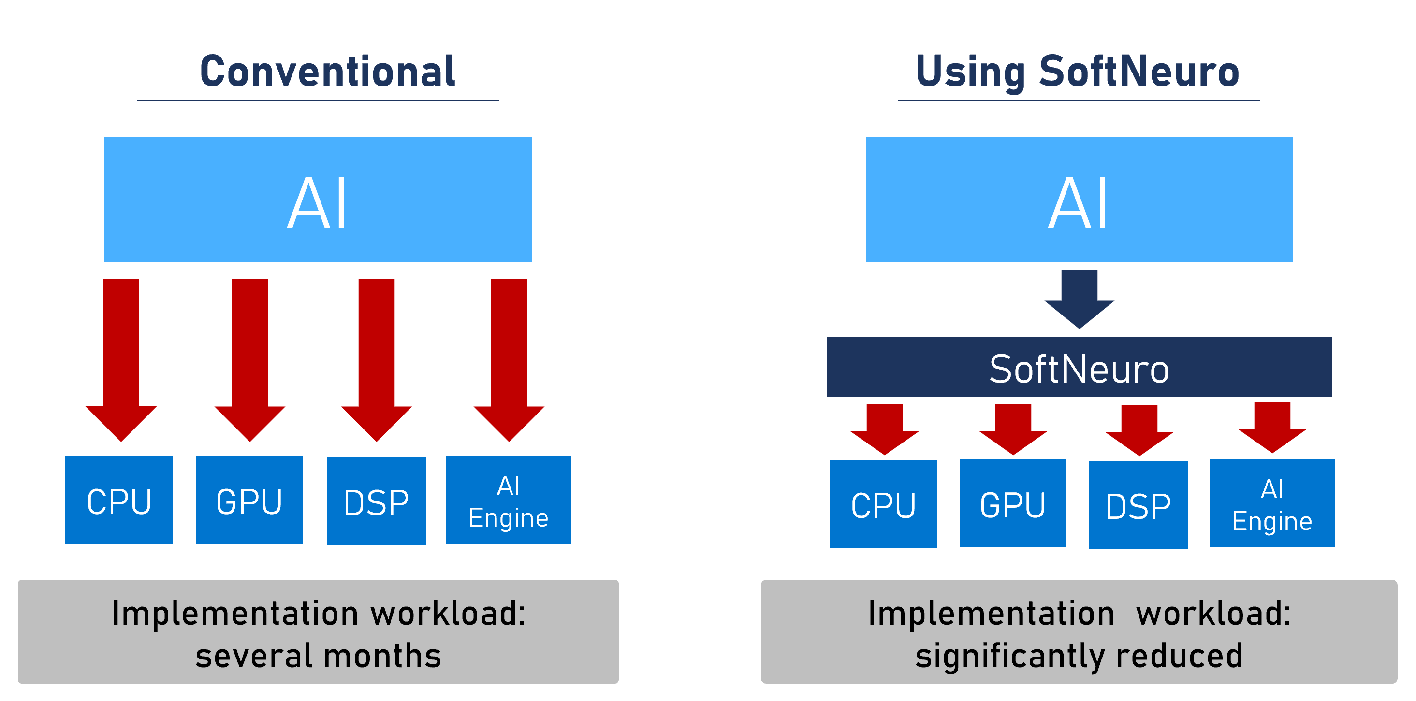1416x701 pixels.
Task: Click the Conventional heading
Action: [x=328, y=72]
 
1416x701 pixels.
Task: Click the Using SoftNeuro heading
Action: [x=1078, y=72]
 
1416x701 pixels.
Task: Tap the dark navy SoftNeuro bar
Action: [x=1079, y=367]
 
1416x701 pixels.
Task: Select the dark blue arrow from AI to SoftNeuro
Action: [x=1080, y=299]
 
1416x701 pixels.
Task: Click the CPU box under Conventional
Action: [x=119, y=500]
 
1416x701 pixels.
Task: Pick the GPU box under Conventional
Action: [x=249, y=500]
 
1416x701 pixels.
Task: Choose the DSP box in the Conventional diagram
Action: [x=377, y=501]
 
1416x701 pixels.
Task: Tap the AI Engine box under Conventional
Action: [x=509, y=500]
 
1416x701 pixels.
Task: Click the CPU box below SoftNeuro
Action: [x=883, y=504]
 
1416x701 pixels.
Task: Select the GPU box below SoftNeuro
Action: [x=1013, y=503]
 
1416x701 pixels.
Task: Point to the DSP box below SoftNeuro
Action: [x=1139, y=505]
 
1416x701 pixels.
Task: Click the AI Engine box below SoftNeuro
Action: [x=1272, y=503]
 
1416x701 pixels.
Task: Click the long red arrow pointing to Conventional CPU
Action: [x=121, y=360]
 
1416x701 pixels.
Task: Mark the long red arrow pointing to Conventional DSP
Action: [x=377, y=360]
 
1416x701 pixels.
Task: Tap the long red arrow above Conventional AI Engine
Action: [x=509, y=360]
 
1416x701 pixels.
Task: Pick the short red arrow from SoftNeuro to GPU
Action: [x=1013, y=429]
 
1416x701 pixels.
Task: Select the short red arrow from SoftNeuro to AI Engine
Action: [x=1272, y=428]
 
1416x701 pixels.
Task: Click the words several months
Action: [x=318, y=656]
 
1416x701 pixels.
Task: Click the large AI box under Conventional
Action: [x=318, y=200]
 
